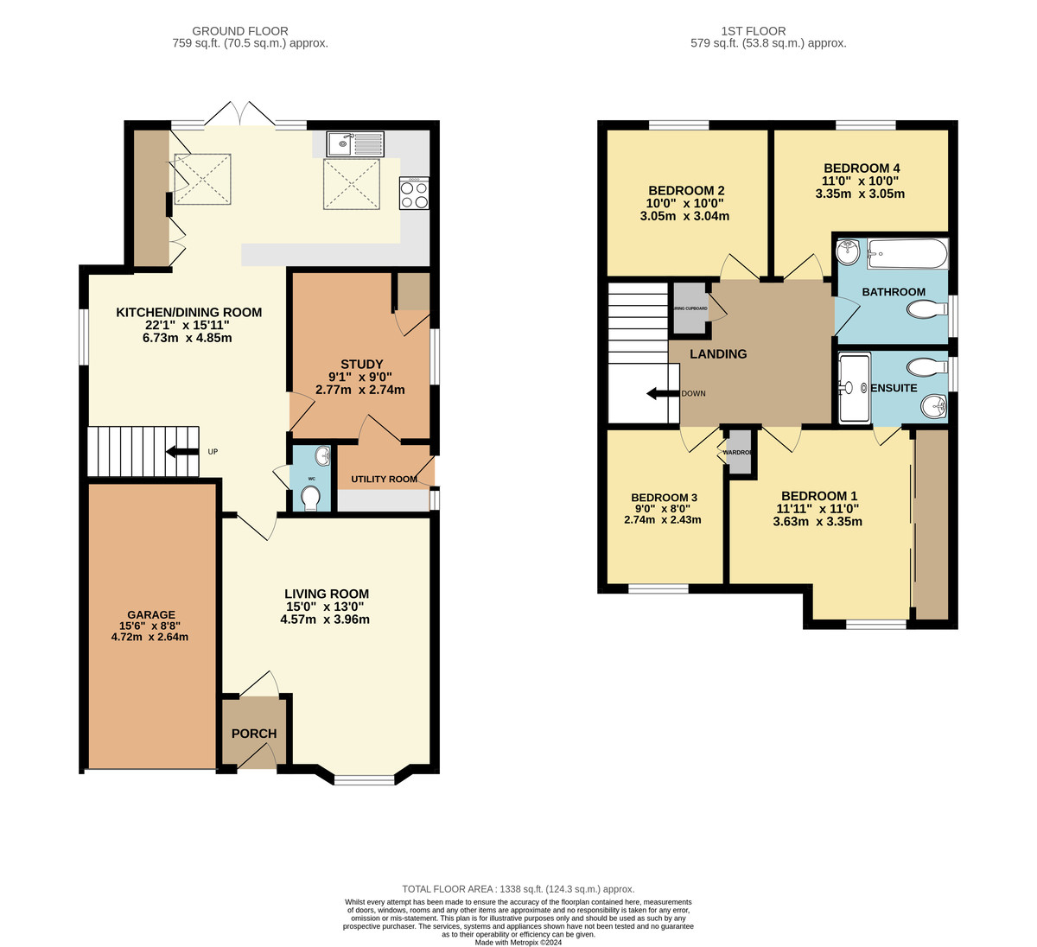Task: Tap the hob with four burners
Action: [x=413, y=194]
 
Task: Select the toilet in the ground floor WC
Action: [x=310, y=498]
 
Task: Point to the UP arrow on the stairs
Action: [x=182, y=451]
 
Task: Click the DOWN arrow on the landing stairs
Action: [x=663, y=394]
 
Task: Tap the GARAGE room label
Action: [x=152, y=615]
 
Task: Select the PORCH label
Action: [x=254, y=734]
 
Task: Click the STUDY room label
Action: [x=361, y=365]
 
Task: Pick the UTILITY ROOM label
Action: [x=384, y=479]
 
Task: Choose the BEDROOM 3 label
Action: [x=664, y=498]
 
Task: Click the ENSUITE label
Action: [x=894, y=388]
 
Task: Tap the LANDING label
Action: [x=718, y=353]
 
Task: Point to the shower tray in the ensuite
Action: [x=855, y=388]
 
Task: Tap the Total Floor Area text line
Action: [x=518, y=889]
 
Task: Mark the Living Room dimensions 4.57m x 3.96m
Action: [x=325, y=620]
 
